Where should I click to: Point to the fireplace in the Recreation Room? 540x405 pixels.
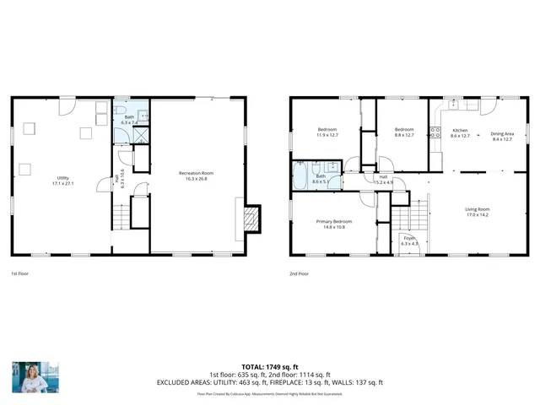click(250, 219)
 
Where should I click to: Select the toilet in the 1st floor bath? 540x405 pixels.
click(121, 114)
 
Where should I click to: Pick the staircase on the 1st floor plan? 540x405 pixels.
click(124, 218)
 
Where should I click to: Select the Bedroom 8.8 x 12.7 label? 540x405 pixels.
click(404, 132)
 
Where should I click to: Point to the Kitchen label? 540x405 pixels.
click(461, 132)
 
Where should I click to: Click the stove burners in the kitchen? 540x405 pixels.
click(436, 132)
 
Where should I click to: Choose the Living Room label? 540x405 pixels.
click(478, 212)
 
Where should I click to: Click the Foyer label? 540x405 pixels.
click(408, 241)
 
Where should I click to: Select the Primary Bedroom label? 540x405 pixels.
click(334, 224)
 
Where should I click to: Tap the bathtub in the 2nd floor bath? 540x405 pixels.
click(301, 178)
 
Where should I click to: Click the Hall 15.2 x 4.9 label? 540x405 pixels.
click(383, 179)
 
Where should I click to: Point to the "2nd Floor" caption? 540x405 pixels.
click(299, 273)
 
